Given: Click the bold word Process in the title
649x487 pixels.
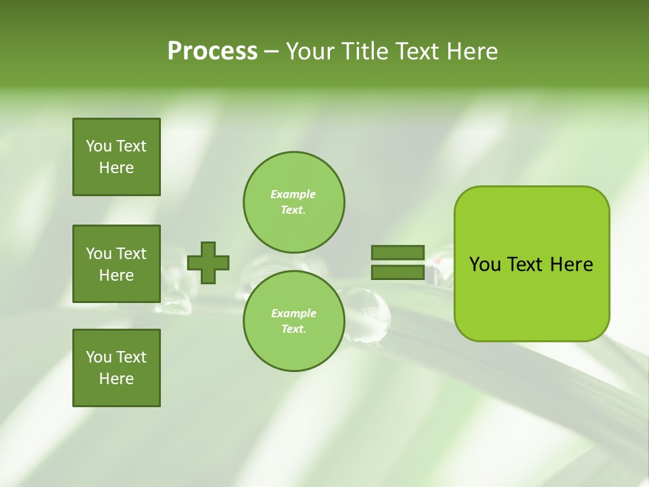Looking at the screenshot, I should (212, 51).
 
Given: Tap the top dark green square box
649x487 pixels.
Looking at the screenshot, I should (116, 157).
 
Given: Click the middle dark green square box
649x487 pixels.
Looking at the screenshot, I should (116, 264).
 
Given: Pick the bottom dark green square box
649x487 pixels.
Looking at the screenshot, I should (116, 368).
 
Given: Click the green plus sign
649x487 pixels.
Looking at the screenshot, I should (208, 262).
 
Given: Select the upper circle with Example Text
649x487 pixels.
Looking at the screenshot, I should (293, 202).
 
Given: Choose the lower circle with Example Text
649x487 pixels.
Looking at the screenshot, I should (293, 321).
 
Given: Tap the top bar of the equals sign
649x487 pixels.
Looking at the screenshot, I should (398, 253).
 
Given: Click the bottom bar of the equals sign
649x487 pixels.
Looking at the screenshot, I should (398, 272).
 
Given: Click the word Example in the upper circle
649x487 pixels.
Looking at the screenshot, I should (293, 194).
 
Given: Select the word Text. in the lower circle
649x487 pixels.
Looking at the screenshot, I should (293, 329).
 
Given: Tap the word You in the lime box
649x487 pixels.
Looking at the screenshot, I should (485, 264).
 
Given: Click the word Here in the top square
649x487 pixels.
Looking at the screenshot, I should (116, 168).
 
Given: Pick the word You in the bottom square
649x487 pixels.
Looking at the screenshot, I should (99, 357).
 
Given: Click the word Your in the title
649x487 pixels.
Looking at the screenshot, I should (311, 51).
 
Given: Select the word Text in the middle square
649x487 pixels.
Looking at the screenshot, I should (131, 254).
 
